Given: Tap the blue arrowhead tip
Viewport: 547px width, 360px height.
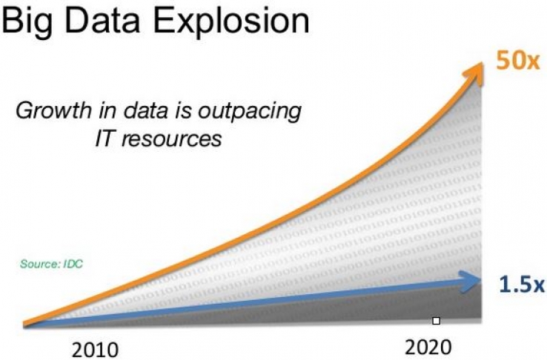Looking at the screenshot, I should tap(480, 279).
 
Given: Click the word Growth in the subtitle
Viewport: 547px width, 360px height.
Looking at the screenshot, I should tap(50, 113).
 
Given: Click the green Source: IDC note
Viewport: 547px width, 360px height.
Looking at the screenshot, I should tap(51, 263).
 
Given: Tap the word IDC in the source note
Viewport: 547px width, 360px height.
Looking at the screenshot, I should tap(71, 263).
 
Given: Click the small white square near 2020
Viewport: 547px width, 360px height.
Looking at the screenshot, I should tap(437, 321).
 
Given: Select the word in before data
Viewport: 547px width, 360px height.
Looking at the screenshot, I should tap(104, 113).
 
